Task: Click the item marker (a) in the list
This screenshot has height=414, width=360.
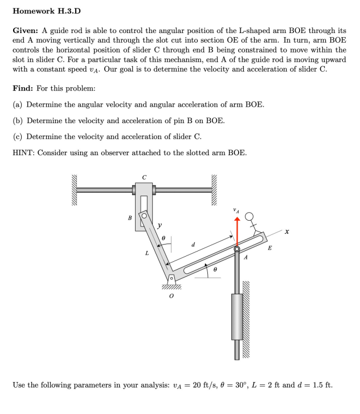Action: [18, 105]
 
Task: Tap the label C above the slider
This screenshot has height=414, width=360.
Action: [144, 177]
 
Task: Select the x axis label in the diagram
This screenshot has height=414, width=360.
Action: [287, 232]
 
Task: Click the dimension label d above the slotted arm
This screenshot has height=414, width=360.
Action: [194, 245]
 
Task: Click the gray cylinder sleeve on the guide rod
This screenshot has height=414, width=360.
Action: [238, 316]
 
